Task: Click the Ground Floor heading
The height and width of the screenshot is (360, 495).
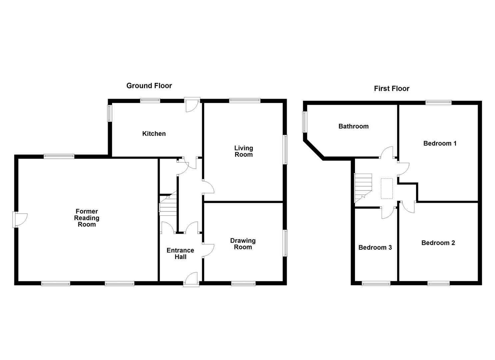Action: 149,86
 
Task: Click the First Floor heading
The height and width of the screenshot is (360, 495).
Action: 391,88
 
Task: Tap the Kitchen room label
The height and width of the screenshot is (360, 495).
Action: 154,134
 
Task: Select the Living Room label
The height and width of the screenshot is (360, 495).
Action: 243,151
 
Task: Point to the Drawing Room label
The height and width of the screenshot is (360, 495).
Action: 243,244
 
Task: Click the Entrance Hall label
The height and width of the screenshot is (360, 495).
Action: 180,253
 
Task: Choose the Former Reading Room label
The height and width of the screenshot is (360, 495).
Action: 87,218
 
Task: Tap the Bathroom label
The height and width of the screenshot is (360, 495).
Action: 353,126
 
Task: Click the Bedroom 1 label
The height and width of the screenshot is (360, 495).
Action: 440,143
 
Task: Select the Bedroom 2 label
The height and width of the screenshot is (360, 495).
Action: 438,243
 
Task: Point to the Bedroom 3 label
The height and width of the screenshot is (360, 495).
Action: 375,247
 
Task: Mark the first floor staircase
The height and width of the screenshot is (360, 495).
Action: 363,187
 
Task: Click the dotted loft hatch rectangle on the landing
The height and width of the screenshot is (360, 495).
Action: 387,189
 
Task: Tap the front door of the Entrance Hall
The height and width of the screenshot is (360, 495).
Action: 191,279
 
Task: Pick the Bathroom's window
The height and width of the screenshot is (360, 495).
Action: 304,122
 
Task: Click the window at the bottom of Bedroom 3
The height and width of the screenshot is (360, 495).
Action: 376,284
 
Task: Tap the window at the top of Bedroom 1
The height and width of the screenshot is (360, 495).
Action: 438,103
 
